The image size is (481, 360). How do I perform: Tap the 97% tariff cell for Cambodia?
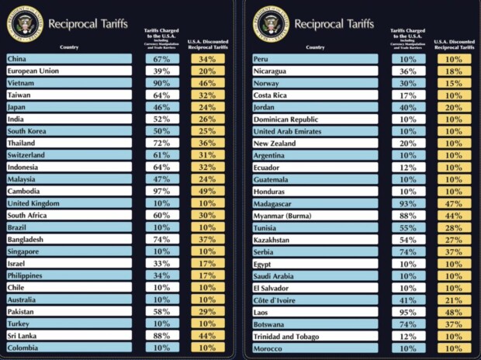pyautogui.click(x=162, y=191)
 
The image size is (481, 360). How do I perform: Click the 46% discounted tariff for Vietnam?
pyautogui.click(x=207, y=83)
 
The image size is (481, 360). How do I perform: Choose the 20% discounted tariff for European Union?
pyautogui.click(x=207, y=71)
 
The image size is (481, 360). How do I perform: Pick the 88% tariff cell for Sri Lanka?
pyautogui.click(x=162, y=335)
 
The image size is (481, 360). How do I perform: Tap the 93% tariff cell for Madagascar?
pyautogui.click(x=407, y=203)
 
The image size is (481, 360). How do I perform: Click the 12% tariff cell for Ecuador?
pyautogui.click(x=407, y=167)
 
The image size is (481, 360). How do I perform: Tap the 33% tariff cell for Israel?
pyautogui.click(x=162, y=263)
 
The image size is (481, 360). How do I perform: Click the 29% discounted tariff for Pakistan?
pyautogui.click(x=207, y=311)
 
